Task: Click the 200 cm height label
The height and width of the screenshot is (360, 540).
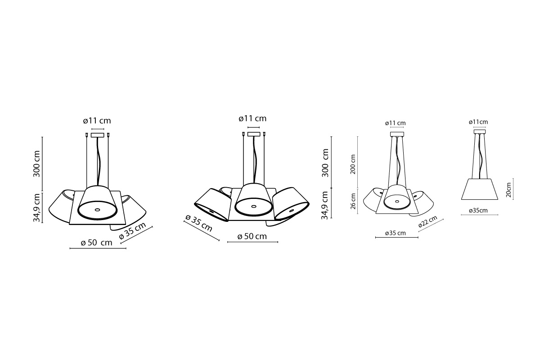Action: pyautogui.click(x=353, y=164)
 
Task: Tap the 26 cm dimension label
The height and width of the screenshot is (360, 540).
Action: pyautogui.click(x=353, y=201)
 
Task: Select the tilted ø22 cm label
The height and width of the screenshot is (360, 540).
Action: pyautogui.click(x=427, y=221)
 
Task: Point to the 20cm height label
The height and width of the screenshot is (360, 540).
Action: pyautogui.click(x=508, y=190)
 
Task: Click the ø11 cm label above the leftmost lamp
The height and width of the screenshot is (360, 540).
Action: pyautogui.click(x=97, y=121)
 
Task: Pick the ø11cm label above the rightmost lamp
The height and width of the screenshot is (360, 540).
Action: pyautogui.click(x=478, y=122)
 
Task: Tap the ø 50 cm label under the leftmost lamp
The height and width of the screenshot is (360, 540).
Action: pyautogui.click(x=97, y=243)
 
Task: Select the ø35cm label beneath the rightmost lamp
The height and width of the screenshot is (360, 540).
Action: pyautogui.click(x=478, y=211)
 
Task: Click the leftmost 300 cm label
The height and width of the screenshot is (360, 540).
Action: pyautogui.click(x=36, y=164)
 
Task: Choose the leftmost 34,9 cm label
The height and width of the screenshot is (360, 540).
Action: pyautogui.click(x=36, y=207)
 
